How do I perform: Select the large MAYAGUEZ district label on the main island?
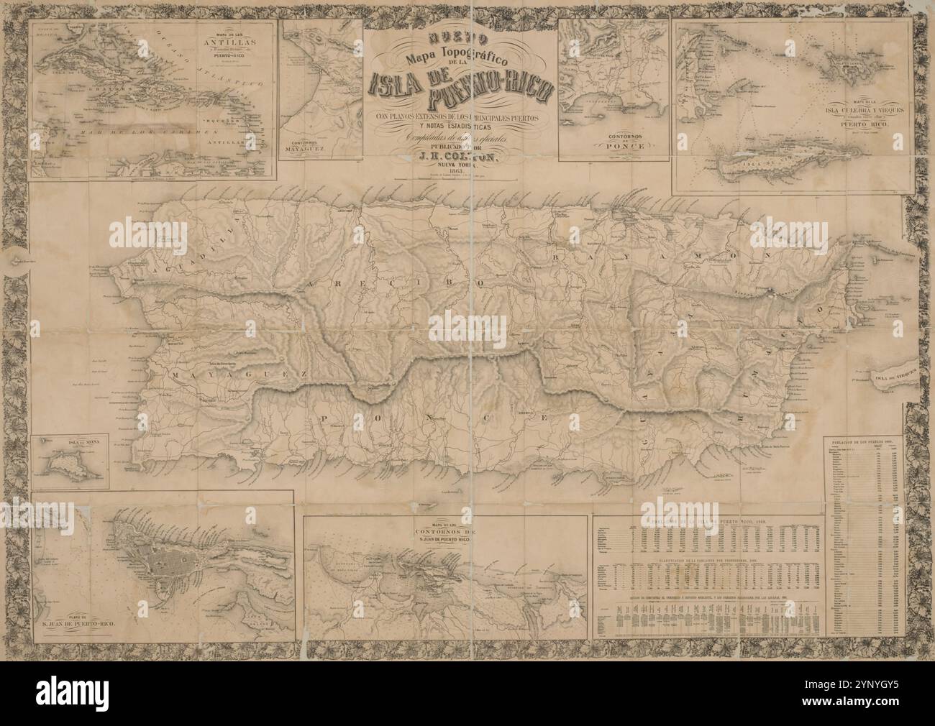click(240, 375)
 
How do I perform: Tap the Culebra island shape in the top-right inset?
click(856, 67)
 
